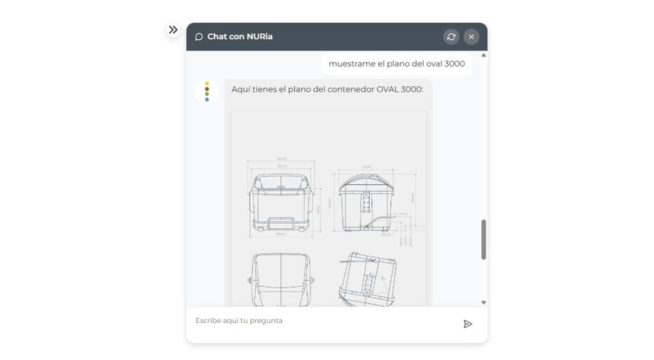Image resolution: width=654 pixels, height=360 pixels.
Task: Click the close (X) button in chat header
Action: point(471,36)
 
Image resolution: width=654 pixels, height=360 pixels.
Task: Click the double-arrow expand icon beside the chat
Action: point(173,30)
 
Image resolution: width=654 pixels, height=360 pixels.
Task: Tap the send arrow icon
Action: point(467,324)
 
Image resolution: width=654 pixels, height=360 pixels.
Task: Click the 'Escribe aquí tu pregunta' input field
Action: point(321,321)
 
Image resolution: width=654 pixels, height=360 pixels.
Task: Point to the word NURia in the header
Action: point(259,36)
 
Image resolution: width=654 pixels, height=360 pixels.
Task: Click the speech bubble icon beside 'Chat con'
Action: point(199,37)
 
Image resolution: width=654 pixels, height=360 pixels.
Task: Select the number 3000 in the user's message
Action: point(455,63)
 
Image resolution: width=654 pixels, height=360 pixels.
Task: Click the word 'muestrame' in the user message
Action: point(351,63)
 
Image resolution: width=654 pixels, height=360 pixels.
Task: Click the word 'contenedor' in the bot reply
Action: point(350,89)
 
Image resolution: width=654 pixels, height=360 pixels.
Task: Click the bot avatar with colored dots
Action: point(207,91)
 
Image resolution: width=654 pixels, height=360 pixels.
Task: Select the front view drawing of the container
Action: point(281,203)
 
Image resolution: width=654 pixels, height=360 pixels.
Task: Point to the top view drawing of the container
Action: point(281,279)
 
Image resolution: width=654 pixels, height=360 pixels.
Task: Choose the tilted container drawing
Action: point(368,279)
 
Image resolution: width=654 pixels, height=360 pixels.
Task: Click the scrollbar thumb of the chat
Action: point(484,239)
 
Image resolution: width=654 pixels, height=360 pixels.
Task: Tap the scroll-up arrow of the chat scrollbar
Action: point(484,55)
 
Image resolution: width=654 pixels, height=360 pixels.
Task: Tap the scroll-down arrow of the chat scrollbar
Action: point(484,302)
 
